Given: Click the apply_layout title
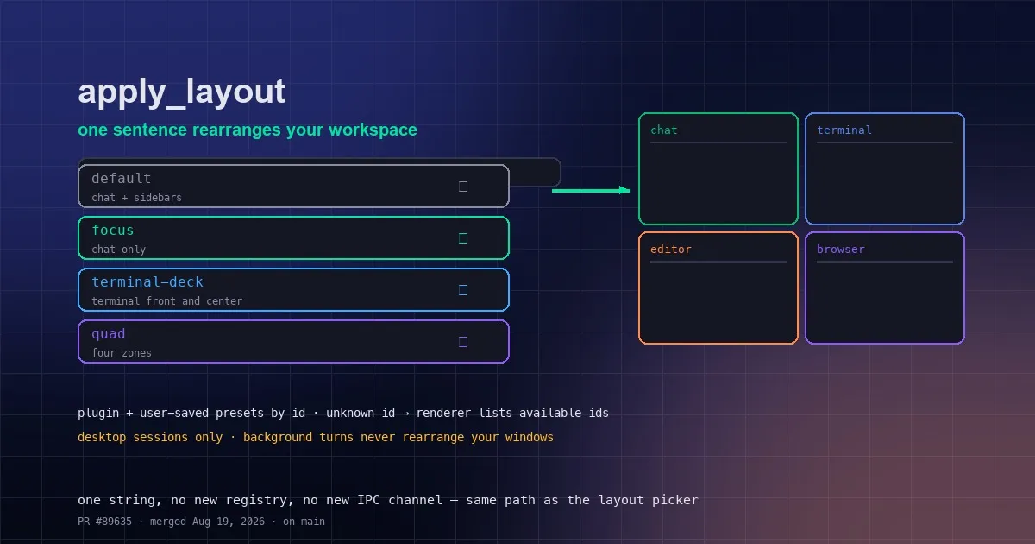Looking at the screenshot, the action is pos(182,92).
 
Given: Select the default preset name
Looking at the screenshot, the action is pos(121,178).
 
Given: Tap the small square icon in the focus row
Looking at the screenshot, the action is pos(462,238).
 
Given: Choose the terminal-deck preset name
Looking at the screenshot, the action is pos(147,281).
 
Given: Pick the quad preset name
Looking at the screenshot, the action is pos(108,334).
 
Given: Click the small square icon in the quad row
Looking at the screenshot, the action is pos(462,342).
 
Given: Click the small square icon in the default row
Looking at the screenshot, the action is pos(462,187).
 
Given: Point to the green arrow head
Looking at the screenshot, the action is pos(624,190).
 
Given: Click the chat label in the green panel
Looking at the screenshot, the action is pos(663,130).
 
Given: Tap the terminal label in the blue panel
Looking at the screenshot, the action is pos(844,130).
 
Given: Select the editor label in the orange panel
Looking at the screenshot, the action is pos(670,249).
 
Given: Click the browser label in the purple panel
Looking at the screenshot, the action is pos(840,249).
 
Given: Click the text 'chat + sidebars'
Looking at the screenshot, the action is pos(136,198).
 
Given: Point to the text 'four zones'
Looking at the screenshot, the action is pos(122,353).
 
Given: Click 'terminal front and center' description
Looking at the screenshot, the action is pos(166,301).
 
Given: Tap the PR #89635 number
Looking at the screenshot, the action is pos(105,522).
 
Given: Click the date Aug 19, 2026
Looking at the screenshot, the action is pos(229,522).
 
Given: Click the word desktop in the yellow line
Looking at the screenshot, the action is pos(102,437).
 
